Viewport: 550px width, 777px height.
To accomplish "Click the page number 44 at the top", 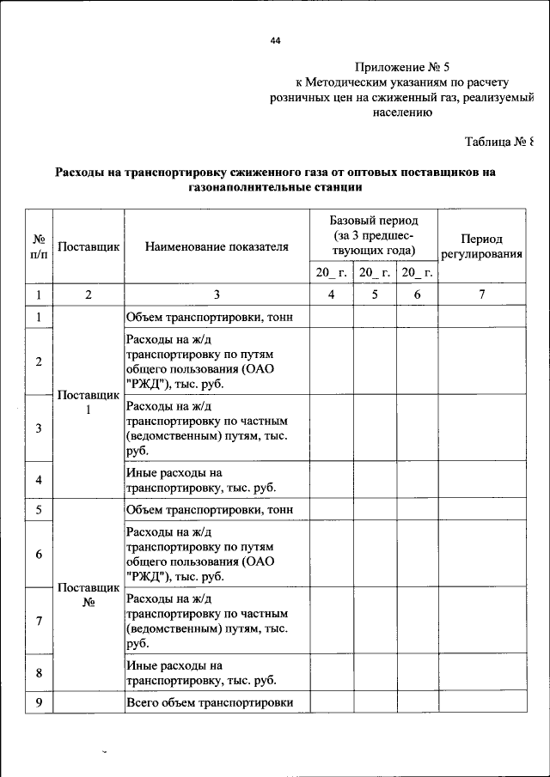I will coord(276,40).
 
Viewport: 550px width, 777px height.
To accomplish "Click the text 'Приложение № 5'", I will coord(401,66).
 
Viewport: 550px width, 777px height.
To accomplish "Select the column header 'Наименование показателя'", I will coord(217,247).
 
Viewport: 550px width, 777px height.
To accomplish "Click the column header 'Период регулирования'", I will coord(482,246).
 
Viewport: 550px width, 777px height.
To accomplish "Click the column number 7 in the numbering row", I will coord(482,294).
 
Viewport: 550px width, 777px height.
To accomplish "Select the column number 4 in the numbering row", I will coord(331,294).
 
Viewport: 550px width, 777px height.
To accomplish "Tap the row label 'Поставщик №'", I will coord(88,595).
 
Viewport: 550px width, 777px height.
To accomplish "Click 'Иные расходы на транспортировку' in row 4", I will coord(201,480).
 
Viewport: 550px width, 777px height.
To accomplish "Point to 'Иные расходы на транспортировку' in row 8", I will coord(201,672).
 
